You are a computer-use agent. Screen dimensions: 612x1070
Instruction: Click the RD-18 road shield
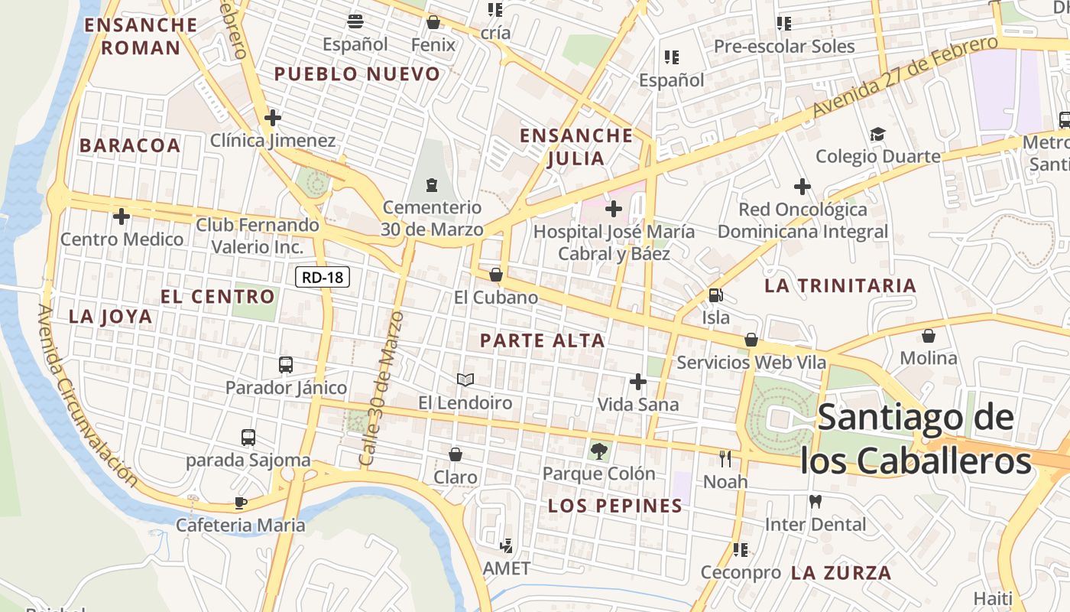[x=323, y=277]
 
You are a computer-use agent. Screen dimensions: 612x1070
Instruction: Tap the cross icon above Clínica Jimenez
[x=273, y=118]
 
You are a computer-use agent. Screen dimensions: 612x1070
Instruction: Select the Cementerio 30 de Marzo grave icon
[x=432, y=184]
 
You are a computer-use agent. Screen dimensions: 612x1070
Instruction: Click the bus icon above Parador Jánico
[x=286, y=365]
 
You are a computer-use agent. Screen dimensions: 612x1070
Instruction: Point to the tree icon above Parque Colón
[x=599, y=451]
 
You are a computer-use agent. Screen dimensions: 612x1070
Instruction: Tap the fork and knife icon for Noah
[x=725, y=459]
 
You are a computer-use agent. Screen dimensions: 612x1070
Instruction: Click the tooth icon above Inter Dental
[x=815, y=502]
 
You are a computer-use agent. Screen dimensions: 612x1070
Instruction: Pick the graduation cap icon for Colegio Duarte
[x=877, y=135]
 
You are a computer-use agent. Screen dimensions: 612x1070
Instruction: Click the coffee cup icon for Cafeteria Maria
[x=241, y=503]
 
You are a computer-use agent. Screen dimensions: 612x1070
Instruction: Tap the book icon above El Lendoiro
[x=465, y=379]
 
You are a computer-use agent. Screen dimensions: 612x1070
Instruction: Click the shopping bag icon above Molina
[x=929, y=336]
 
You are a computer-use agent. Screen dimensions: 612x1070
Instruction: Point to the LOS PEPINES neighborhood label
[x=615, y=506]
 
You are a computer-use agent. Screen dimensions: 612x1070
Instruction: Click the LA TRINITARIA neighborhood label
[x=840, y=286]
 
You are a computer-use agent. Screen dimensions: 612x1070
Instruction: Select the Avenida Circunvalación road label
[x=88, y=396]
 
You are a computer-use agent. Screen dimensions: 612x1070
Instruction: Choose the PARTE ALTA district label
[x=543, y=341]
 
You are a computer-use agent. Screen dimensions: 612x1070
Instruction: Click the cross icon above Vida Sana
[x=638, y=382]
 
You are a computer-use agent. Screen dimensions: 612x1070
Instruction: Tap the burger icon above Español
[x=355, y=21]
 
